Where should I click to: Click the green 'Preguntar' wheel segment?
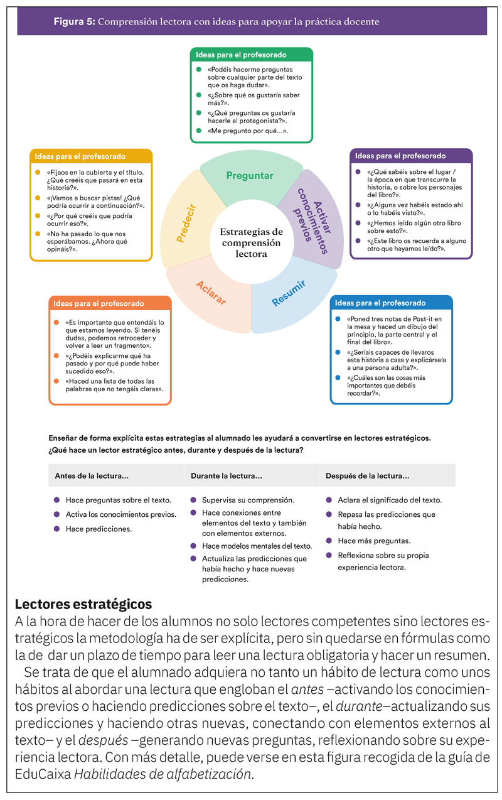point(249,175)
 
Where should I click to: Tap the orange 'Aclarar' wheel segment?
point(210,293)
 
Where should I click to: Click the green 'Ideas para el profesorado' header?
point(251,55)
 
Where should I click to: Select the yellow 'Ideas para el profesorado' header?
point(91,156)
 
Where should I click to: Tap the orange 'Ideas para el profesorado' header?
point(109,303)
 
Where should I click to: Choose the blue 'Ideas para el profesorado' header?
point(391,303)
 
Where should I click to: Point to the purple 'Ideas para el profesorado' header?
point(410,156)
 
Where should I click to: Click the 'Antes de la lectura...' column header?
point(92,475)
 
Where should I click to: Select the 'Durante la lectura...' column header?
point(227,475)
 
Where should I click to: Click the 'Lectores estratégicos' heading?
point(83,604)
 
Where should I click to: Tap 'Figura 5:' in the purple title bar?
point(74,22)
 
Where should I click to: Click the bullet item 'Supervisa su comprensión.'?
point(248,500)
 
